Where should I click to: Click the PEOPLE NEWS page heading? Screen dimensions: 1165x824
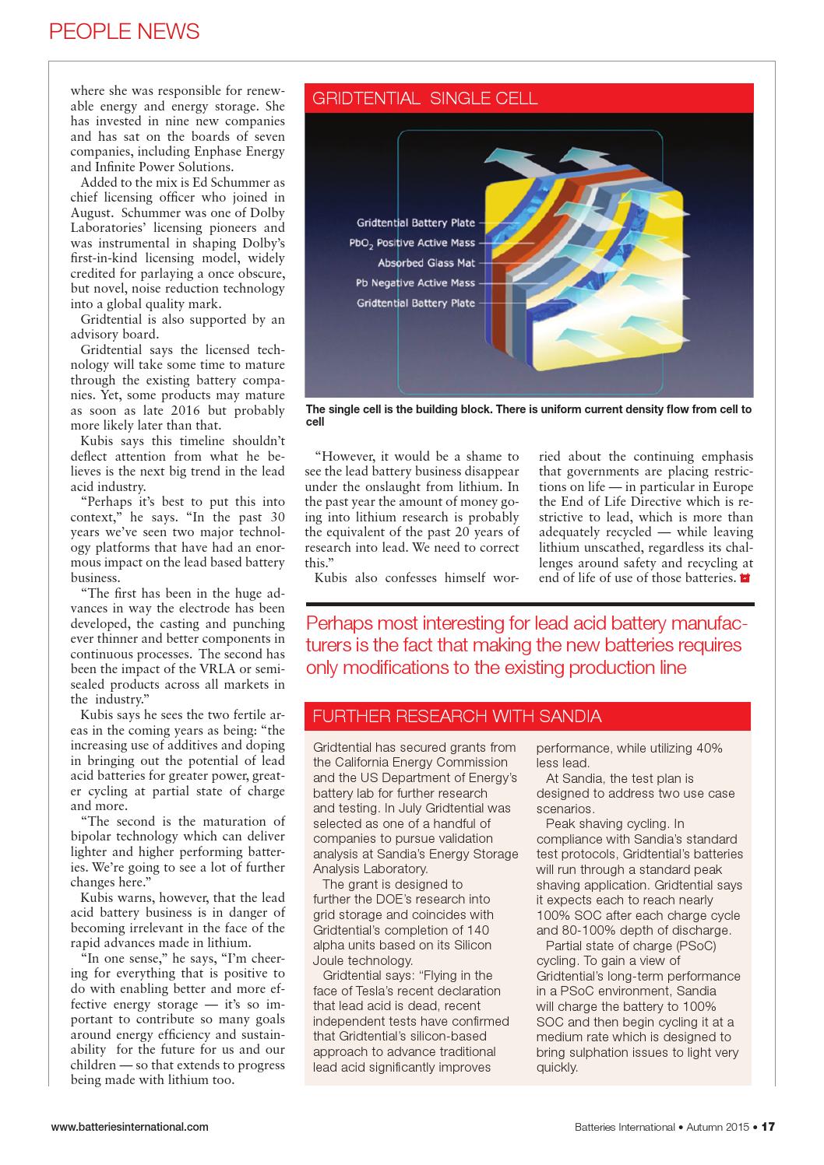click(x=124, y=31)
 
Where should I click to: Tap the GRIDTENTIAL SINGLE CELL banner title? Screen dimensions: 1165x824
click(x=424, y=98)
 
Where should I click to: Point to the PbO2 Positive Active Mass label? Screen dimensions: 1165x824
click(x=412, y=243)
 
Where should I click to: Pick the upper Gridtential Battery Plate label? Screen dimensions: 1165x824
click(x=415, y=223)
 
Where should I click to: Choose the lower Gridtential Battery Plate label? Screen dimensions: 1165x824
click(x=415, y=304)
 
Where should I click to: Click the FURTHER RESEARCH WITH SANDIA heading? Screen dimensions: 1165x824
click(x=456, y=716)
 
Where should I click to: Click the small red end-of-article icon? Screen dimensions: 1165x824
click(x=745, y=578)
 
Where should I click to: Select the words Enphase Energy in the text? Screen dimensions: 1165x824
click(x=245, y=152)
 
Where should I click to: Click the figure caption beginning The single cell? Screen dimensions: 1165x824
click(x=529, y=415)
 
